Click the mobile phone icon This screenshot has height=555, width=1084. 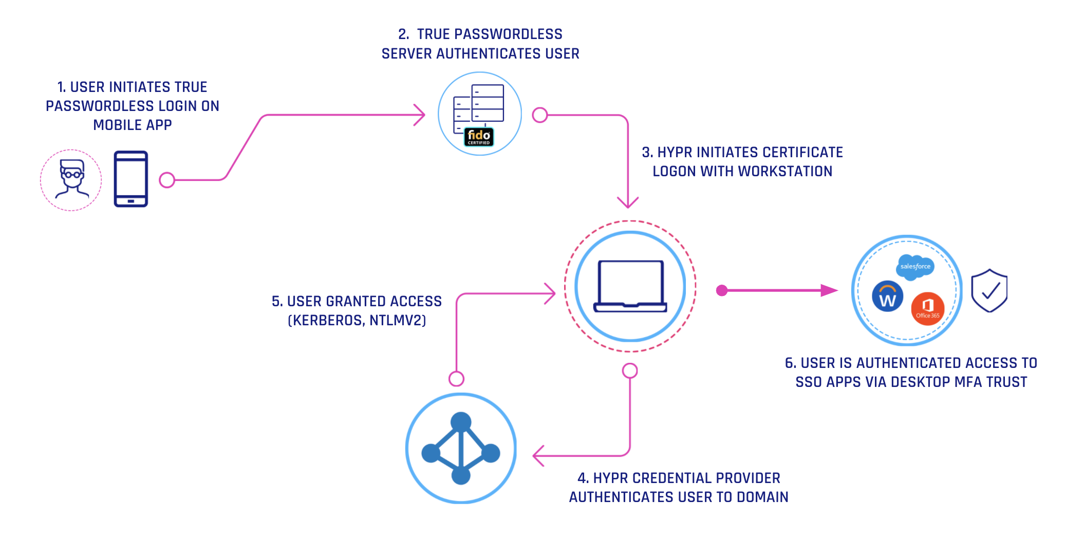[131, 179]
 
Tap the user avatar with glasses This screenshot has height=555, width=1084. [71, 179]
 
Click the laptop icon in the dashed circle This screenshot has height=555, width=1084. [630, 286]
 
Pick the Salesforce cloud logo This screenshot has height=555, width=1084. [915, 267]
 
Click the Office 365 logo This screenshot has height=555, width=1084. [927, 309]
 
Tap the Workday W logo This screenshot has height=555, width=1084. [887, 297]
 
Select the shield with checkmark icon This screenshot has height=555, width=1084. [989, 291]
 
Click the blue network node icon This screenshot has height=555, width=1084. [461, 448]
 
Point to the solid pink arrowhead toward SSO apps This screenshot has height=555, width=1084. [828, 291]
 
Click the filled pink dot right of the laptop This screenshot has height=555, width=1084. [722, 291]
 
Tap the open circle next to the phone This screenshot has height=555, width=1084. [167, 180]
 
